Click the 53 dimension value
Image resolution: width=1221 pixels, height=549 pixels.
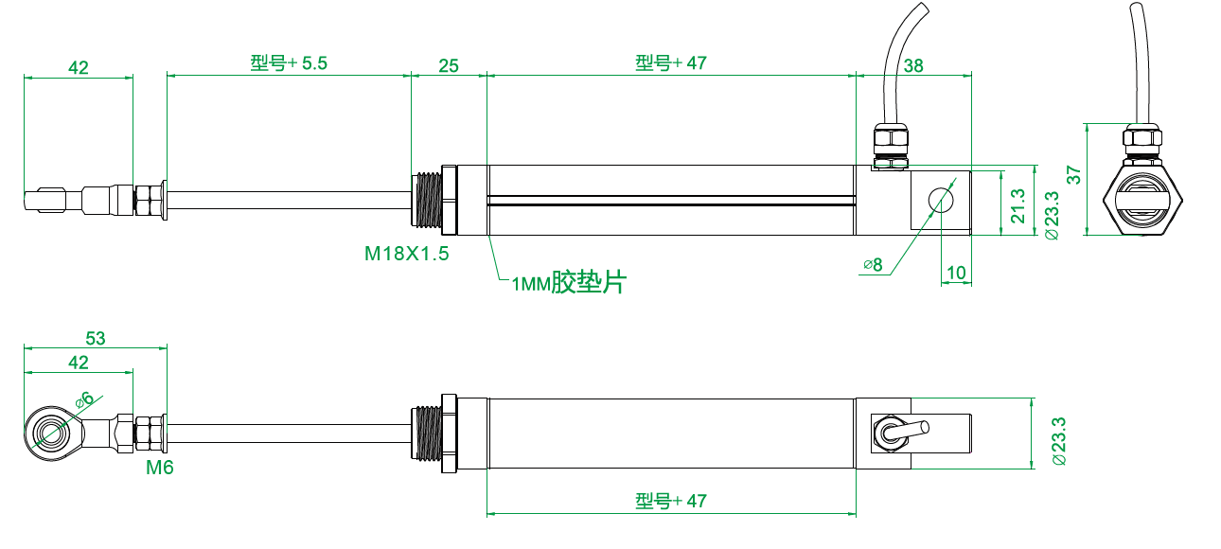95,338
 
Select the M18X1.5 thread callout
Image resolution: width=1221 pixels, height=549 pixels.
406,254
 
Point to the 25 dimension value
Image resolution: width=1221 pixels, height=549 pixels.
449,65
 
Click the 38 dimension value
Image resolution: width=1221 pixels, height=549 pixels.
914,65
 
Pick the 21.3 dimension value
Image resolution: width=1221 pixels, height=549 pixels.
1017,204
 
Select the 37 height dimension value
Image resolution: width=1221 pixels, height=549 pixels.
1072,175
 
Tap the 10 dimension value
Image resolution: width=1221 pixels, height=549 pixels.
956,274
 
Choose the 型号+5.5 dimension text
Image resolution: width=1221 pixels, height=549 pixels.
289,63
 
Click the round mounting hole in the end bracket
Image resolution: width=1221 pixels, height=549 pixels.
941,200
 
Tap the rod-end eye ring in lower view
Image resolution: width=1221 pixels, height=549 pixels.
49,433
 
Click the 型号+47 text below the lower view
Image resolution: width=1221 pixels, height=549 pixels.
670,500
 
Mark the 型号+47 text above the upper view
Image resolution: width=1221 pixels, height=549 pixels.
670,63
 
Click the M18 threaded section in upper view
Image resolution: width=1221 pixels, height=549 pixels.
429,201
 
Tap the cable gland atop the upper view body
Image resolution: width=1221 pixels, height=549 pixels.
890,145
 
